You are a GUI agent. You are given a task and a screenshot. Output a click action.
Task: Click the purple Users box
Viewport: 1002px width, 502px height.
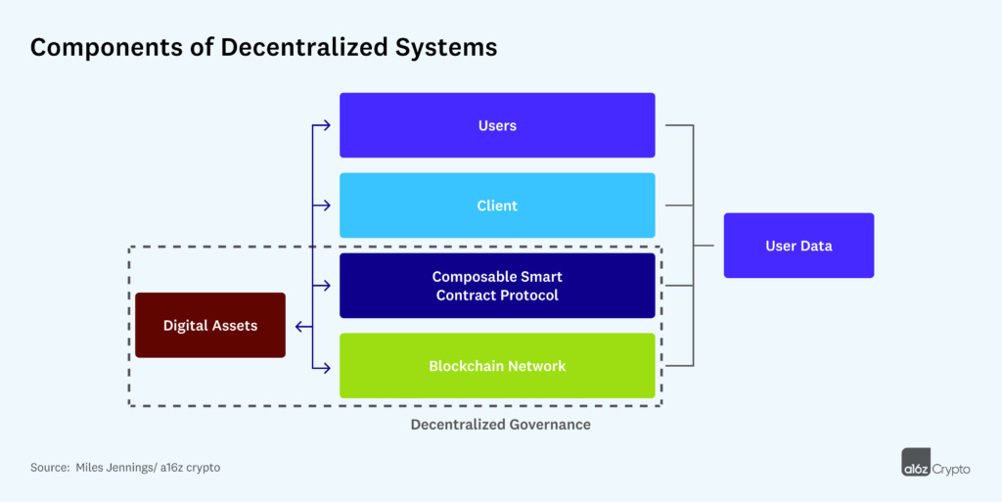coord(497,125)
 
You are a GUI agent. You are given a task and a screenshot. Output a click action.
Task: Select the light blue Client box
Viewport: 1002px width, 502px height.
coord(497,205)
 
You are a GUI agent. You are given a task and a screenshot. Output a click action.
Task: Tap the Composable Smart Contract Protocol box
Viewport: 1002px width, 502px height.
coord(497,286)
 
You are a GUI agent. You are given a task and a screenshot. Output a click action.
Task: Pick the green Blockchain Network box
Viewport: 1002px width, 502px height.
coord(497,366)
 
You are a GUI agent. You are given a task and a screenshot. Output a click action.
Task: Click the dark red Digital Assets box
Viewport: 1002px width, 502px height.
coord(210,325)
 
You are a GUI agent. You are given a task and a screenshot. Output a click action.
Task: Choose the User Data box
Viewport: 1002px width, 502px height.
coord(798,246)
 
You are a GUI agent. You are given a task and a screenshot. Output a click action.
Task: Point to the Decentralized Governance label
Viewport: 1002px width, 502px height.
coord(500,425)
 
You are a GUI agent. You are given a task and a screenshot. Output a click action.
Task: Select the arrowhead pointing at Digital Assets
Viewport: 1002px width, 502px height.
coord(297,327)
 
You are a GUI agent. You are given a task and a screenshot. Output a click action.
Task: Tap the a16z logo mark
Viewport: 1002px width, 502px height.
coord(918,463)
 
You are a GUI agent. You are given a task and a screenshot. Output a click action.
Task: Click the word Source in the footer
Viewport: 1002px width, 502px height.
coord(49,468)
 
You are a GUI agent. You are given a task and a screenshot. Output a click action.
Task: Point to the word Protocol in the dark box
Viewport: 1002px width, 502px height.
coord(525,295)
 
